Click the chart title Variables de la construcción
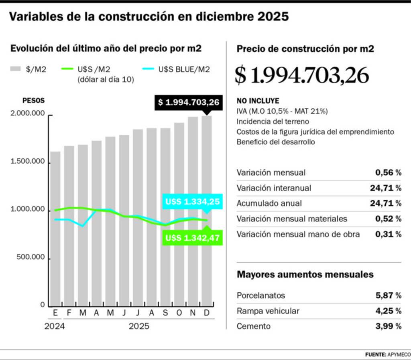[x=149, y=16]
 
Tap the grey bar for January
[x=55, y=229]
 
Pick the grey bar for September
[x=165, y=216]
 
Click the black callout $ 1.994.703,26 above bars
[x=189, y=103]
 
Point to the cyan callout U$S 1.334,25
[x=192, y=201]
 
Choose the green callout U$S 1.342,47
[x=192, y=238]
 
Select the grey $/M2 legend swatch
[x=15, y=69]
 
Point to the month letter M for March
[x=83, y=313]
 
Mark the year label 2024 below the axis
[x=54, y=326]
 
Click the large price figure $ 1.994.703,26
[x=301, y=75]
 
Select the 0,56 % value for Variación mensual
[x=388, y=173]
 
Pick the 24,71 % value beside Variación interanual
[x=385, y=188]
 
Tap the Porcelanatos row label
[x=261, y=296]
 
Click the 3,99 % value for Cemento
[x=388, y=326]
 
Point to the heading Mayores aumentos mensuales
[x=305, y=275]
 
